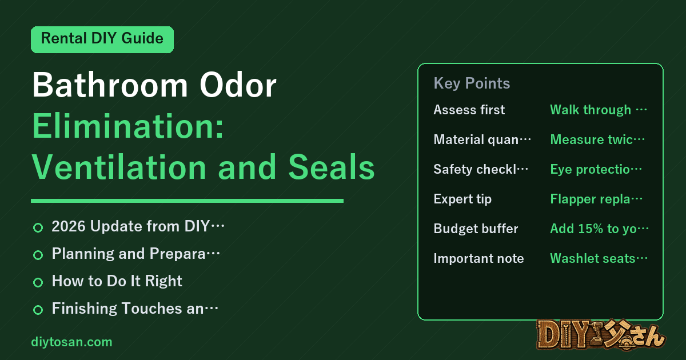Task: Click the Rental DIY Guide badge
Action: click(102, 39)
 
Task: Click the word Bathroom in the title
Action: click(110, 85)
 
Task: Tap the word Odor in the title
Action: click(238, 85)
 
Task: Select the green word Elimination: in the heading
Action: click(128, 126)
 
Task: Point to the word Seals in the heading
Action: click(332, 167)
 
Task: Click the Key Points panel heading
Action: click(472, 83)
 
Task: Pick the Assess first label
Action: click(469, 110)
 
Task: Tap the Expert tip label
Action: click(462, 199)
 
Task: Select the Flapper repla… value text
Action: click(596, 199)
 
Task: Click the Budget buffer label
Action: click(476, 229)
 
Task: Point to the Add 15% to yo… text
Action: click(599, 229)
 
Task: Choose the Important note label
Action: click(478, 258)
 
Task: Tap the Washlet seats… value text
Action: click(599, 258)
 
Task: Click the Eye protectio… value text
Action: click(596, 169)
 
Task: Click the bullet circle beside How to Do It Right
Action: click(38, 282)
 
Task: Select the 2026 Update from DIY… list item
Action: click(138, 226)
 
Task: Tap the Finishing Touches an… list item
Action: click(135, 308)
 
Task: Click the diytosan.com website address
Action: click(71, 342)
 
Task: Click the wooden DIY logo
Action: click(601, 335)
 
